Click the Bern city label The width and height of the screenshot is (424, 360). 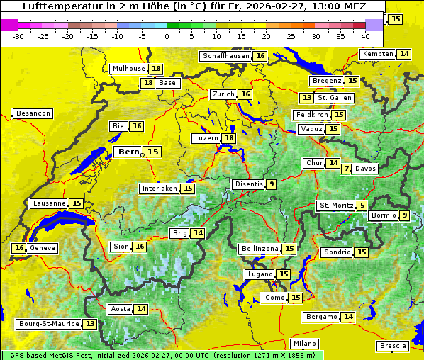click(129, 152)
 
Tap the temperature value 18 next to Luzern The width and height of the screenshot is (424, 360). click(228, 138)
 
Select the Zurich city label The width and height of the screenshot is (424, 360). click(223, 94)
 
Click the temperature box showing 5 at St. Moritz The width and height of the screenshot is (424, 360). click(362, 206)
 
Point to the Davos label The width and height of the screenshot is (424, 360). click(366, 169)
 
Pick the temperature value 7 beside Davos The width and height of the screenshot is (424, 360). click(346, 169)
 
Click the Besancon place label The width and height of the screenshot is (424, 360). click(33, 113)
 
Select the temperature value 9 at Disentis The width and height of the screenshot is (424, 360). click(271, 184)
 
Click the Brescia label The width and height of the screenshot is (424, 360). click(393, 346)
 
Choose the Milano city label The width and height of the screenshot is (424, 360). click(305, 343)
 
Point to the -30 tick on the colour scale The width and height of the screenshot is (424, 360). click(18, 36)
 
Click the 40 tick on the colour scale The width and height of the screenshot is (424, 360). click(365, 36)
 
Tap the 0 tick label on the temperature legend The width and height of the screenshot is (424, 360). click(167, 36)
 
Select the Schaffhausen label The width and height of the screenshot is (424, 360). click(225, 56)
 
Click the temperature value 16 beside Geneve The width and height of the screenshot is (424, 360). click(19, 248)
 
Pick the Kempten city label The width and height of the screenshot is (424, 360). click(378, 54)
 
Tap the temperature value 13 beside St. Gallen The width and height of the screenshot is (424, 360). click(307, 98)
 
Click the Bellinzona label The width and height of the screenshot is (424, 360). click(260, 249)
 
